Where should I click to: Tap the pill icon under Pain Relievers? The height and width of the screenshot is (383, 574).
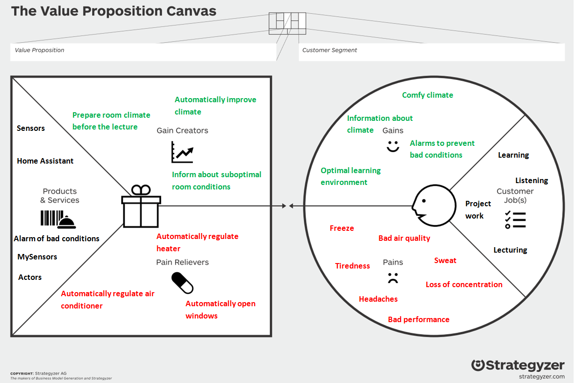(x=182, y=283)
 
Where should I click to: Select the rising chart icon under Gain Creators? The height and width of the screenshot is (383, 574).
(x=182, y=152)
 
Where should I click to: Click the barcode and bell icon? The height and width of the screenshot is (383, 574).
(x=58, y=219)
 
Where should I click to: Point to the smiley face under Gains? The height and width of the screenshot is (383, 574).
(x=393, y=146)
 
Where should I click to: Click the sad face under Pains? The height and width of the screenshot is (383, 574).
(x=393, y=278)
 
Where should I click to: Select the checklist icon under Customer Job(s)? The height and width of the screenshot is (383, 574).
(x=515, y=220)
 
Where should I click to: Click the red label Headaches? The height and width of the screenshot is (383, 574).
(x=378, y=299)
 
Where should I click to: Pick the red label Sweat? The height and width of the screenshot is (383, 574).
(x=445, y=260)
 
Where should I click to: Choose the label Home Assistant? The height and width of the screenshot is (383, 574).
(x=45, y=161)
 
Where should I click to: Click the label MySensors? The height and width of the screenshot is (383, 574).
(x=37, y=257)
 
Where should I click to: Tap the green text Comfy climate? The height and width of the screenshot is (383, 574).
(x=428, y=95)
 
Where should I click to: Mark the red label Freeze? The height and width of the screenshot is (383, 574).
(x=342, y=228)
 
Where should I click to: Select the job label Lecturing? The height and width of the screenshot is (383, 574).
(x=510, y=250)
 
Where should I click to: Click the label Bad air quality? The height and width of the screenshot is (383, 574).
(x=404, y=238)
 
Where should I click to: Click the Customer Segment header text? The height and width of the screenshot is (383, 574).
(x=330, y=50)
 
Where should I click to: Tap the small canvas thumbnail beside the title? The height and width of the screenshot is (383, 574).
(x=287, y=23)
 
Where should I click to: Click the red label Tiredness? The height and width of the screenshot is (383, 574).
(x=352, y=266)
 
